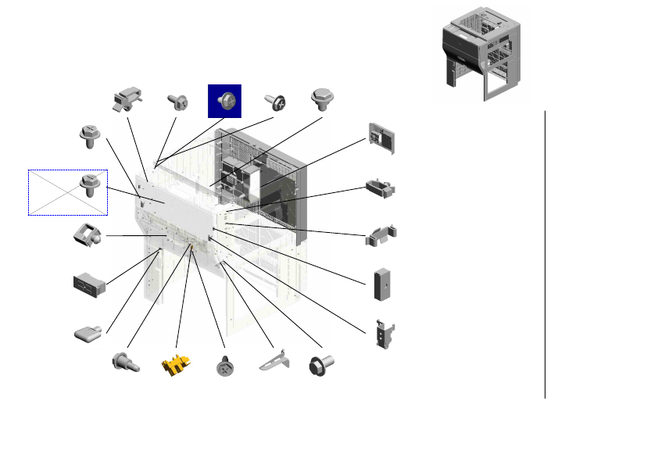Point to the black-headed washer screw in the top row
tap(276, 102)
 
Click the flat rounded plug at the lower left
tap(88, 334)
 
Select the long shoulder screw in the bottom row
tap(125, 363)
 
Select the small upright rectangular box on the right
tap(382, 284)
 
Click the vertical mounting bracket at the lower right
tap(382, 334)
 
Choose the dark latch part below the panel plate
tap(381, 188)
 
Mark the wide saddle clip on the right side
tap(381, 236)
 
